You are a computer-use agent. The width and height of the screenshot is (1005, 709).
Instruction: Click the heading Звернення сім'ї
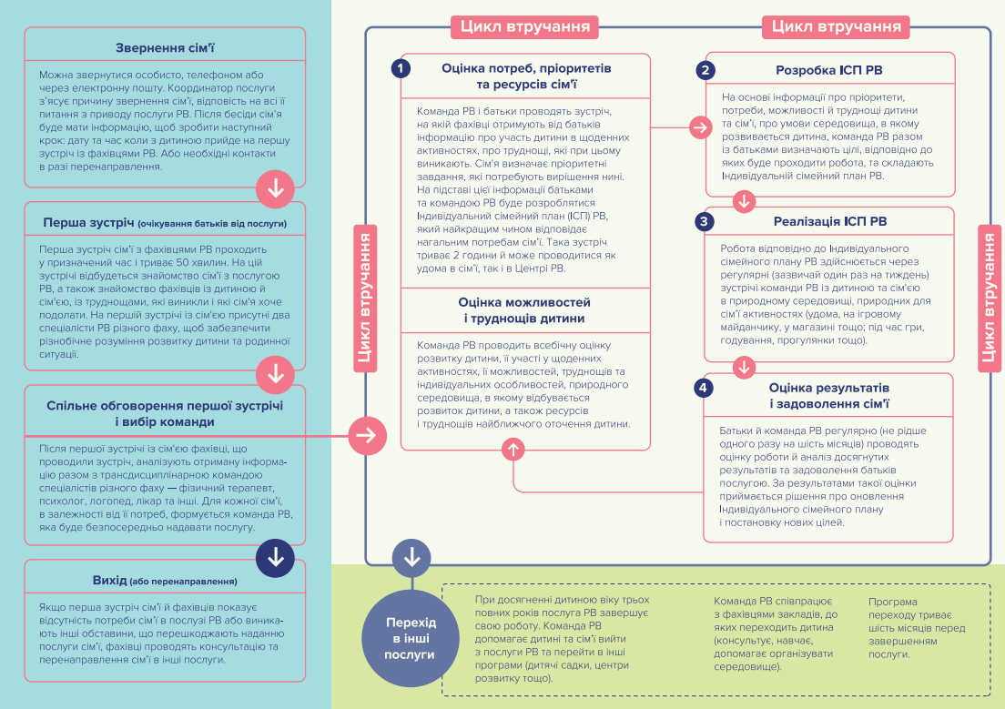165,48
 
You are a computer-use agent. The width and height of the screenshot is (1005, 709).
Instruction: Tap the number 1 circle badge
401,68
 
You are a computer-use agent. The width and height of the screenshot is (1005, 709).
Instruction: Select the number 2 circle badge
705,70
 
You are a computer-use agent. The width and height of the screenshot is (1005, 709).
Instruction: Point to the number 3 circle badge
704,221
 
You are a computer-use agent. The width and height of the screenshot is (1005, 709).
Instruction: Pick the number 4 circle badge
703,387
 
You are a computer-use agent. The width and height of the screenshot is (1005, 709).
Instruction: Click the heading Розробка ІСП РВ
828,70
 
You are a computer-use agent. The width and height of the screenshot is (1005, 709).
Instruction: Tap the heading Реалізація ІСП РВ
830,221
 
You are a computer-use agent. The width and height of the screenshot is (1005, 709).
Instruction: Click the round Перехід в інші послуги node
411,639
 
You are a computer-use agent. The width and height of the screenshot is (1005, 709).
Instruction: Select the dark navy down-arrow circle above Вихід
275,558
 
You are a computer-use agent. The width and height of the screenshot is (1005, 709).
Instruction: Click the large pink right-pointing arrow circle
367,436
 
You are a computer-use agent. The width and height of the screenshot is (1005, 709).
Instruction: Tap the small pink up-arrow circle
513,450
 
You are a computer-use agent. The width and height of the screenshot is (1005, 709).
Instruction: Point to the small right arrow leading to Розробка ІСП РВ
701,127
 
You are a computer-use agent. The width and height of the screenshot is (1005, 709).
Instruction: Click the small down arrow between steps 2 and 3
744,201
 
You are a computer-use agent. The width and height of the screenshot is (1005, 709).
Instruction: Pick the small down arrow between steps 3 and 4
744,368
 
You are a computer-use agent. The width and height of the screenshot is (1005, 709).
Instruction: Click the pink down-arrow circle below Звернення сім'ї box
275,189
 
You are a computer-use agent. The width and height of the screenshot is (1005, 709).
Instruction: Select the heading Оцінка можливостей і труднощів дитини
524,310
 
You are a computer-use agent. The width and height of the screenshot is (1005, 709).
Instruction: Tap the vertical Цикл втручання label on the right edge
989,299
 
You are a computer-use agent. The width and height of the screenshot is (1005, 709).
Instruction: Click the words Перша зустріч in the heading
88,222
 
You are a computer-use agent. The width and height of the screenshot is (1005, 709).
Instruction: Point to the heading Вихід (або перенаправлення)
165,580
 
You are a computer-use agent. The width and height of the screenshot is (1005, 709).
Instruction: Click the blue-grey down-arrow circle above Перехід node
411,558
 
